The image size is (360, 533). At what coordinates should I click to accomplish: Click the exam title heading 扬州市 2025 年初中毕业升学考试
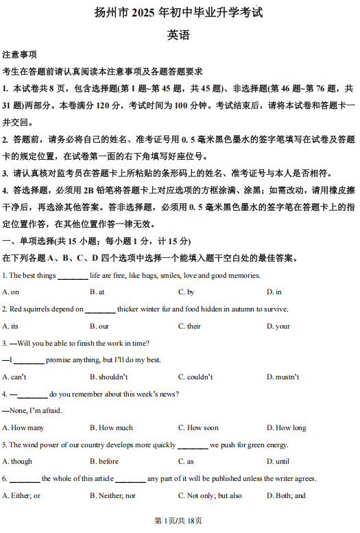coord(179,13)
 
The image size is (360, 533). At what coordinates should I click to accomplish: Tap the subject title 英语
coord(178,35)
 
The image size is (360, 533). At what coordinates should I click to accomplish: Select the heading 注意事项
coord(20,54)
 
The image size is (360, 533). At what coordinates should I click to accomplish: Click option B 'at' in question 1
coord(97,292)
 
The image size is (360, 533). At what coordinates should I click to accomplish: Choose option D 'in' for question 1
coord(274,292)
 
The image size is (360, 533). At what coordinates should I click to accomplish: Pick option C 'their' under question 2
coord(189,326)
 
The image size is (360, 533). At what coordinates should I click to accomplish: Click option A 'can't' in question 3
coord(14,377)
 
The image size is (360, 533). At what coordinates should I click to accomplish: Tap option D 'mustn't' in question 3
coord(283,377)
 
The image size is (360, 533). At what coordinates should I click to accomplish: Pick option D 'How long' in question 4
coord(286,427)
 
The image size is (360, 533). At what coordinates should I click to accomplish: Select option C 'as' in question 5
coord(186,462)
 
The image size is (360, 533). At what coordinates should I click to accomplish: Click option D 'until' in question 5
coord(278,462)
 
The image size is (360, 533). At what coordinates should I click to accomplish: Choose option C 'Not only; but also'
coord(210,495)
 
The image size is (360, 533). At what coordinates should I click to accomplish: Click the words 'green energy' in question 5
coord(269,445)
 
